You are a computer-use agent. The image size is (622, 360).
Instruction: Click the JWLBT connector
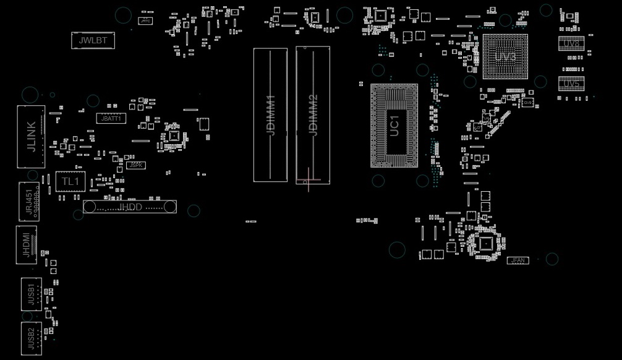click(93, 41)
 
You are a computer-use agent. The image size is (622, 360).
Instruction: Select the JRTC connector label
click(145, 21)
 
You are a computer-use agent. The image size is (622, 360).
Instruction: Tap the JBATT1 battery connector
click(111, 118)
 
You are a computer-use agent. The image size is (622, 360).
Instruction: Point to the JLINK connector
click(31, 137)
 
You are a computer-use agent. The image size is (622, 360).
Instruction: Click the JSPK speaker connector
click(136, 165)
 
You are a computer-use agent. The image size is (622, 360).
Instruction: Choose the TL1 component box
click(70, 181)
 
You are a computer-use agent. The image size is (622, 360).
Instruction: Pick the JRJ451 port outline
click(30, 201)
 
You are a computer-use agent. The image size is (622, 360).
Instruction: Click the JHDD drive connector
click(130, 207)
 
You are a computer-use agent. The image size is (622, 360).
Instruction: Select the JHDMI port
click(26, 244)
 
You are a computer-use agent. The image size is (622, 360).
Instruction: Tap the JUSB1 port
click(31, 294)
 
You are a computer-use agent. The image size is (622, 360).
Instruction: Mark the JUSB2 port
click(31, 338)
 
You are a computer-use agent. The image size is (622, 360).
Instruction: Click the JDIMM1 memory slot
click(270, 115)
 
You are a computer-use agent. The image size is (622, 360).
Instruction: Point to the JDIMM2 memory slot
click(313, 115)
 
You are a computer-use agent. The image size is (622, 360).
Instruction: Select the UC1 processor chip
click(394, 126)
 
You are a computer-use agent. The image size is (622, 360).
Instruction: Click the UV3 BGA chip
click(505, 57)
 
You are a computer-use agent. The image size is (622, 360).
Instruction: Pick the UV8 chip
click(571, 44)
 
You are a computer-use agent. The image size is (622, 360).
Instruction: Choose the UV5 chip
click(571, 84)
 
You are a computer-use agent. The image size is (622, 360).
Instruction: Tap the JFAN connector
click(518, 260)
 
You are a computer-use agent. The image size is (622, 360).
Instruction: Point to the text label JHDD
click(130, 207)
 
